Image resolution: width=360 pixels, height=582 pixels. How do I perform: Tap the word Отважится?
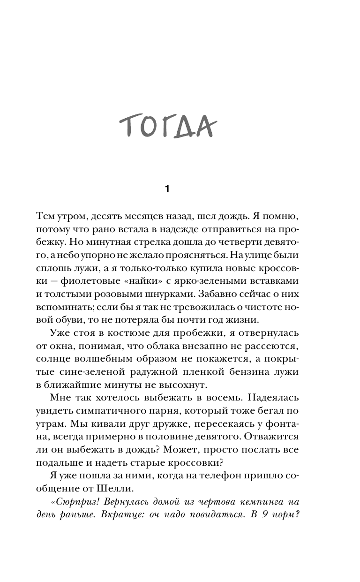pos(270,437)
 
